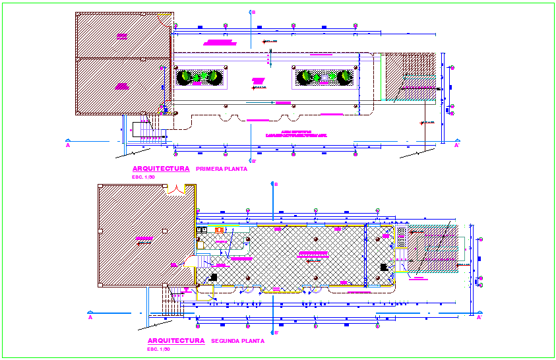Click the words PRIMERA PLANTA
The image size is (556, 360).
click(x=226, y=169)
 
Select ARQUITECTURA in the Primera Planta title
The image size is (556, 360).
click(x=161, y=169)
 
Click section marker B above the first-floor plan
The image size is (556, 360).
click(x=254, y=12)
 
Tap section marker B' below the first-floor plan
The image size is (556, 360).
click(x=254, y=160)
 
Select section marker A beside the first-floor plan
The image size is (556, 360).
click(x=68, y=145)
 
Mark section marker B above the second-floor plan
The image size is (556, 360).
click(x=276, y=184)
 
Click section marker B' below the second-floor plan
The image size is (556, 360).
click(x=276, y=332)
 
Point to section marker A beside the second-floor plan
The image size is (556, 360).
click(x=90, y=317)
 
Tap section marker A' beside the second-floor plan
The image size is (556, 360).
click(x=479, y=317)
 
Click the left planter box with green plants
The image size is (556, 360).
click(x=199, y=78)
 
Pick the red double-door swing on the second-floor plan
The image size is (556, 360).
click(x=176, y=191)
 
